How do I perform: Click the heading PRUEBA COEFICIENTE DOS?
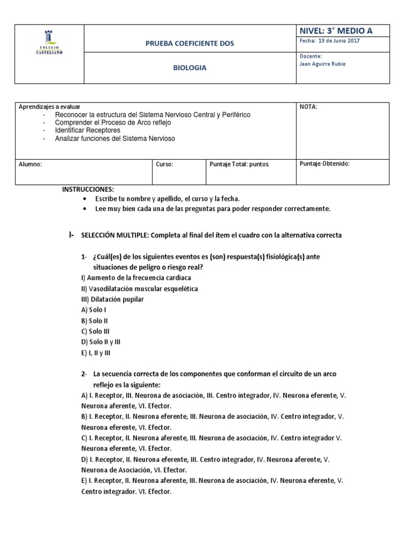(189, 43)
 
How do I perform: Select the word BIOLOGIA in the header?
(189, 68)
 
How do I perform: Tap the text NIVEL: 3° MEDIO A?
(336, 31)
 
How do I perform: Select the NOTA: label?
(308, 107)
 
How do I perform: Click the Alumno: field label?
(31, 165)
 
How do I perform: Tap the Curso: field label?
(164, 165)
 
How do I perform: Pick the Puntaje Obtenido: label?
(324, 164)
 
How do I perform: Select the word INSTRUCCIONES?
(88, 189)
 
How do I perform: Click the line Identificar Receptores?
(87, 130)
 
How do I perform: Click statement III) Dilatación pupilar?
(112, 299)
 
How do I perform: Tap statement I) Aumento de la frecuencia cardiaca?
(136, 278)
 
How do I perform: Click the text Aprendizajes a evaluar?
(50, 107)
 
